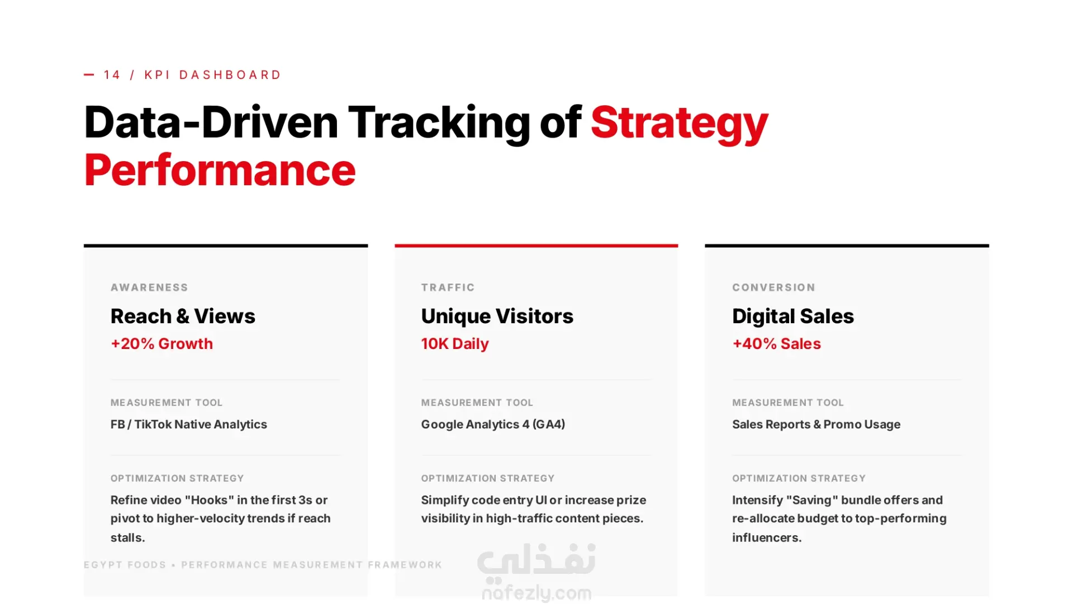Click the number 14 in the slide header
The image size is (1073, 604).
coord(112,75)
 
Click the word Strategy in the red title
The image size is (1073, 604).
coord(679,123)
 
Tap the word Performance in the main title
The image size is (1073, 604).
coord(220,170)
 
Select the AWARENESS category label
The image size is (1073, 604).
coord(149,287)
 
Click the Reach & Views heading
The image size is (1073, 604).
coord(183,316)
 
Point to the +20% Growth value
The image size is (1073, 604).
coord(162,343)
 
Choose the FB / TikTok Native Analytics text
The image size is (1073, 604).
coord(189,424)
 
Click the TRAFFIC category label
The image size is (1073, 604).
coord(448,287)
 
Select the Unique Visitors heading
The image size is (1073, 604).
coord(497,316)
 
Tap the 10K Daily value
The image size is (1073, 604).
coord(455,344)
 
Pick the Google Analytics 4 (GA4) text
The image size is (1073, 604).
coord(493,424)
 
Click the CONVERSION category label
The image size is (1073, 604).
coord(773,287)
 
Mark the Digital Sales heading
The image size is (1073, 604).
coord(793,316)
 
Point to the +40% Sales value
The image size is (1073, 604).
coord(776,343)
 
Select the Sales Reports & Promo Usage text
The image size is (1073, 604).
coord(816,424)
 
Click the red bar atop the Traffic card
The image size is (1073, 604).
coord(536,246)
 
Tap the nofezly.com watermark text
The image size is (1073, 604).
coord(536,593)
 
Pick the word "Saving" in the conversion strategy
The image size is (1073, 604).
coord(811,500)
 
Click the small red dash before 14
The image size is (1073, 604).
coord(89,74)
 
